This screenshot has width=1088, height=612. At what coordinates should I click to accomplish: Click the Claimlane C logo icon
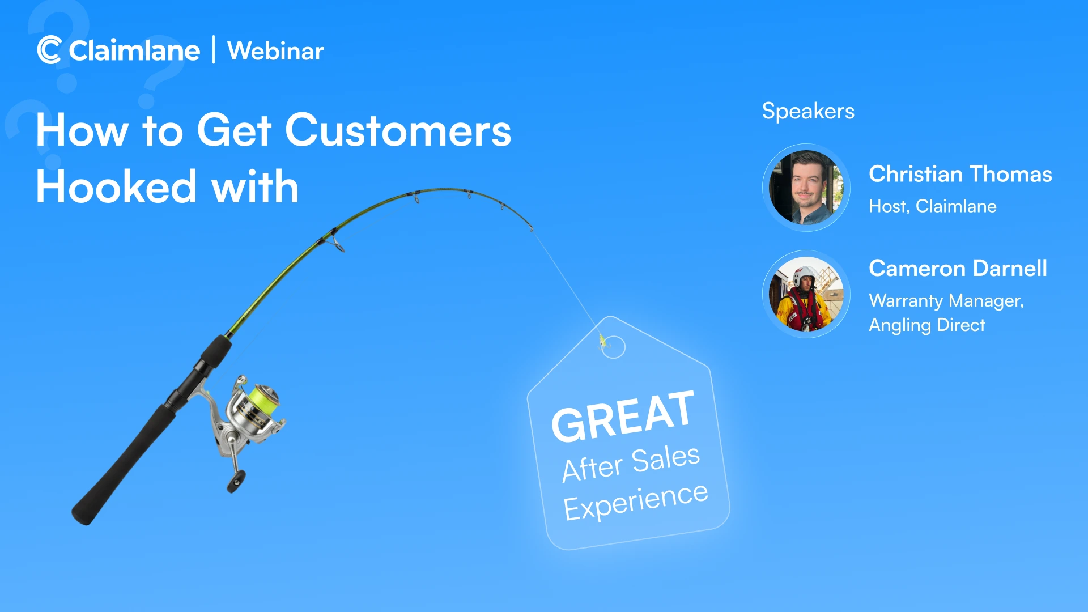(x=49, y=50)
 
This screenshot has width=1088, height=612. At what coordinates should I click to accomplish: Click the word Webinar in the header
(x=275, y=51)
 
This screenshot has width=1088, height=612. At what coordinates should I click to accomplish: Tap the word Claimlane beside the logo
(x=134, y=51)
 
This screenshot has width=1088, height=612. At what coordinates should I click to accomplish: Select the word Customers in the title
(x=398, y=130)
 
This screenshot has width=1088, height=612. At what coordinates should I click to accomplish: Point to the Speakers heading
(x=808, y=111)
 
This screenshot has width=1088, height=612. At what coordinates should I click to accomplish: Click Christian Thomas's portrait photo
(x=806, y=188)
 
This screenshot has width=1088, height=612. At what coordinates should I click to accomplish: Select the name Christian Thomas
(x=960, y=174)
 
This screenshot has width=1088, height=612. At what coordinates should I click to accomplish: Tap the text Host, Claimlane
(x=933, y=206)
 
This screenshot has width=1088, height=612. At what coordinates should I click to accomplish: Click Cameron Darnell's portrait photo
(x=806, y=294)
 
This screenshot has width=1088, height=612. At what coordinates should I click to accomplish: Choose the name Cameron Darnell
(x=958, y=268)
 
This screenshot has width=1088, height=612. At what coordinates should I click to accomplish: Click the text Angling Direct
(x=927, y=325)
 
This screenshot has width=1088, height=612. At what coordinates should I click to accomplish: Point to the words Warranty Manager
(x=946, y=300)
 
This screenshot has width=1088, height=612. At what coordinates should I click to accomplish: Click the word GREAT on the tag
(x=622, y=417)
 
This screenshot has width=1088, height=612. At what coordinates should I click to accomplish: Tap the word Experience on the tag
(x=635, y=501)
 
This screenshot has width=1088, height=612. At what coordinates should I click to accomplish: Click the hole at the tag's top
(x=613, y=347)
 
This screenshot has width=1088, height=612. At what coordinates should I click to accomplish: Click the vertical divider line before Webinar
(x=214, y=50)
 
